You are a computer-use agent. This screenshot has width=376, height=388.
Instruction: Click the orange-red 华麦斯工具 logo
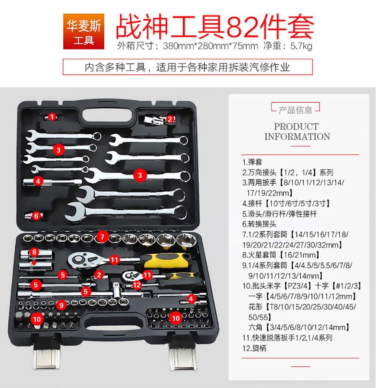tap(84, 32)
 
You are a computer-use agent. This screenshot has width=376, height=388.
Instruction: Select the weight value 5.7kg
tap(301, 46)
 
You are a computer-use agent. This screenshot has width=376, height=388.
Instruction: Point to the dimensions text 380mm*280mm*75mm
tap(210, 46)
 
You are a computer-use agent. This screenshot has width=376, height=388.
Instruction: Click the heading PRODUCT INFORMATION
tap(297, 131)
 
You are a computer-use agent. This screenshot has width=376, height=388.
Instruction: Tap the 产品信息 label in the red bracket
tap(295, 110)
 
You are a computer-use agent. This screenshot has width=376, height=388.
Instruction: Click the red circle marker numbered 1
tap(52, 117)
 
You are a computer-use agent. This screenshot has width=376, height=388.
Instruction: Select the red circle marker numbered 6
tap(36, 216)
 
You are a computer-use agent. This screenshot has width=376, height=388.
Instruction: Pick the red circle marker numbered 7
tap(102, 237)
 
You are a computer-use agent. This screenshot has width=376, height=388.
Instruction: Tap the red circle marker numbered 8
tap(34, 252)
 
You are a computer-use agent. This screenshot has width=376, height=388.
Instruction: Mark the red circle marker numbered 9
tap(61, 305)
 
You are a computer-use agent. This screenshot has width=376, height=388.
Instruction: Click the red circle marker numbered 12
tap(137, 285)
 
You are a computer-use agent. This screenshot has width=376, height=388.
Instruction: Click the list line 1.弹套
tap(252, 162)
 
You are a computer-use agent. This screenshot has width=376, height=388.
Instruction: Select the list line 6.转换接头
tap(259, 224)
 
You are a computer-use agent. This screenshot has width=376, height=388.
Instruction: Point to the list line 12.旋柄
tap(254, 348)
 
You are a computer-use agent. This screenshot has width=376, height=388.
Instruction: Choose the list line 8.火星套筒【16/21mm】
tap(281, 255)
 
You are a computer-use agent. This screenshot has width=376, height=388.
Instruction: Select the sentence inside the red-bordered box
tap(187, 67)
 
